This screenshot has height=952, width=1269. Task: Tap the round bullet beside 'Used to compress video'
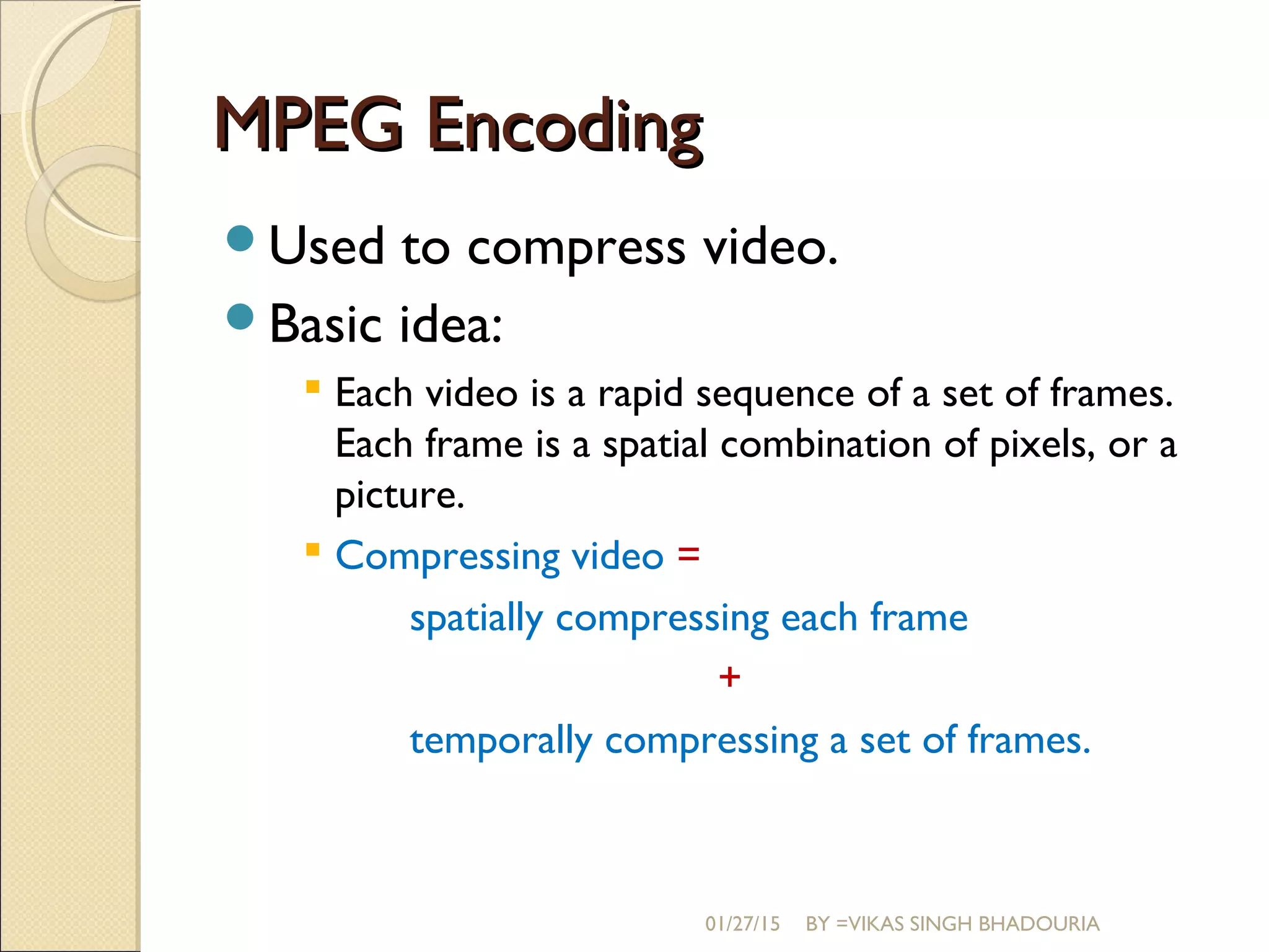[x=240, y=239]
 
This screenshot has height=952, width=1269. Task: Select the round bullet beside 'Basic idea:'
[x=240, y=317]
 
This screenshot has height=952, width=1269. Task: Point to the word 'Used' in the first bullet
[x=327, y=246]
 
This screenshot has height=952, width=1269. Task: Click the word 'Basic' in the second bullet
[x=325, y=324]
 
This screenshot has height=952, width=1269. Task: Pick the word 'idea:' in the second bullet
[x=450, y=324]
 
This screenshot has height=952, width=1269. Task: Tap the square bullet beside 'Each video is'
[x=313, y=388]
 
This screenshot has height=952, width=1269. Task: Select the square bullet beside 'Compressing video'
[x=313, y=550]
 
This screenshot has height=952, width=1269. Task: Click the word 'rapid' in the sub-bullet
[x=640, y=395]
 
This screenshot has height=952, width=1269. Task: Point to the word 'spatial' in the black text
[x=655, y=446]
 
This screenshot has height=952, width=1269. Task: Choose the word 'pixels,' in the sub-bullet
[x=1042, y=446]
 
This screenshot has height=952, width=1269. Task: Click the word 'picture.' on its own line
[x=400, y=496]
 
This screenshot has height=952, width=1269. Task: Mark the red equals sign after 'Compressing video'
[x=688, y=554]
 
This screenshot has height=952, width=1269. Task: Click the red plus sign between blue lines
[x=729, y=677]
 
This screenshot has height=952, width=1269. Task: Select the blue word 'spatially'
[x=476, y=619]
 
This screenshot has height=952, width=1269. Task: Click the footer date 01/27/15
[x=742, y=924]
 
